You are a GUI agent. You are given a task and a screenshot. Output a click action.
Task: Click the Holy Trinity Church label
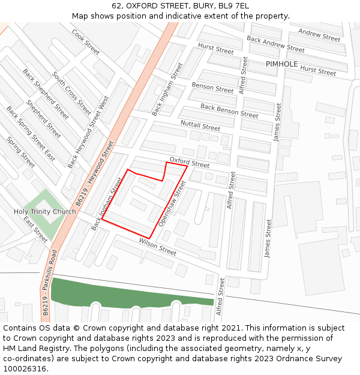[x=45, y=212]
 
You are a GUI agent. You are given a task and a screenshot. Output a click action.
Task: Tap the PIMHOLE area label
[x=281, y=64]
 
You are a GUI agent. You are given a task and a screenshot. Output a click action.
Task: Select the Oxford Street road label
[x=190, y=162]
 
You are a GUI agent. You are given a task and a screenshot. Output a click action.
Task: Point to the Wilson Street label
[x=158, y=247]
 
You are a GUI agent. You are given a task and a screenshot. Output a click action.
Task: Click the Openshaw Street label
[x=169, y=204]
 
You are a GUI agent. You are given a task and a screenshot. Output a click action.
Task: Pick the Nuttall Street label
[x=200, y=125]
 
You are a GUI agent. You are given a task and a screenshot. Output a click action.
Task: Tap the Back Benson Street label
[x=229, y=110]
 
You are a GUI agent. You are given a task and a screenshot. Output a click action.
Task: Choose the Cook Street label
[x=85, y=41]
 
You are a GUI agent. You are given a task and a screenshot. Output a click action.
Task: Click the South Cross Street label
[x=72, y=94]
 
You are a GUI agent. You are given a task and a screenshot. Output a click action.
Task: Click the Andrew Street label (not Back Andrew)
[x=319, y=35]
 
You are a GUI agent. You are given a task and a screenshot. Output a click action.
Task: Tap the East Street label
[x=35, y=230]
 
